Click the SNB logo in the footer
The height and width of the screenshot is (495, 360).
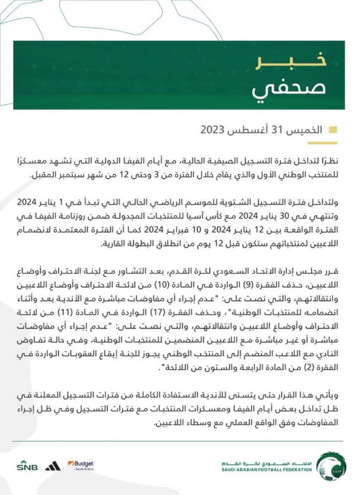(x=27, y=467)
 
